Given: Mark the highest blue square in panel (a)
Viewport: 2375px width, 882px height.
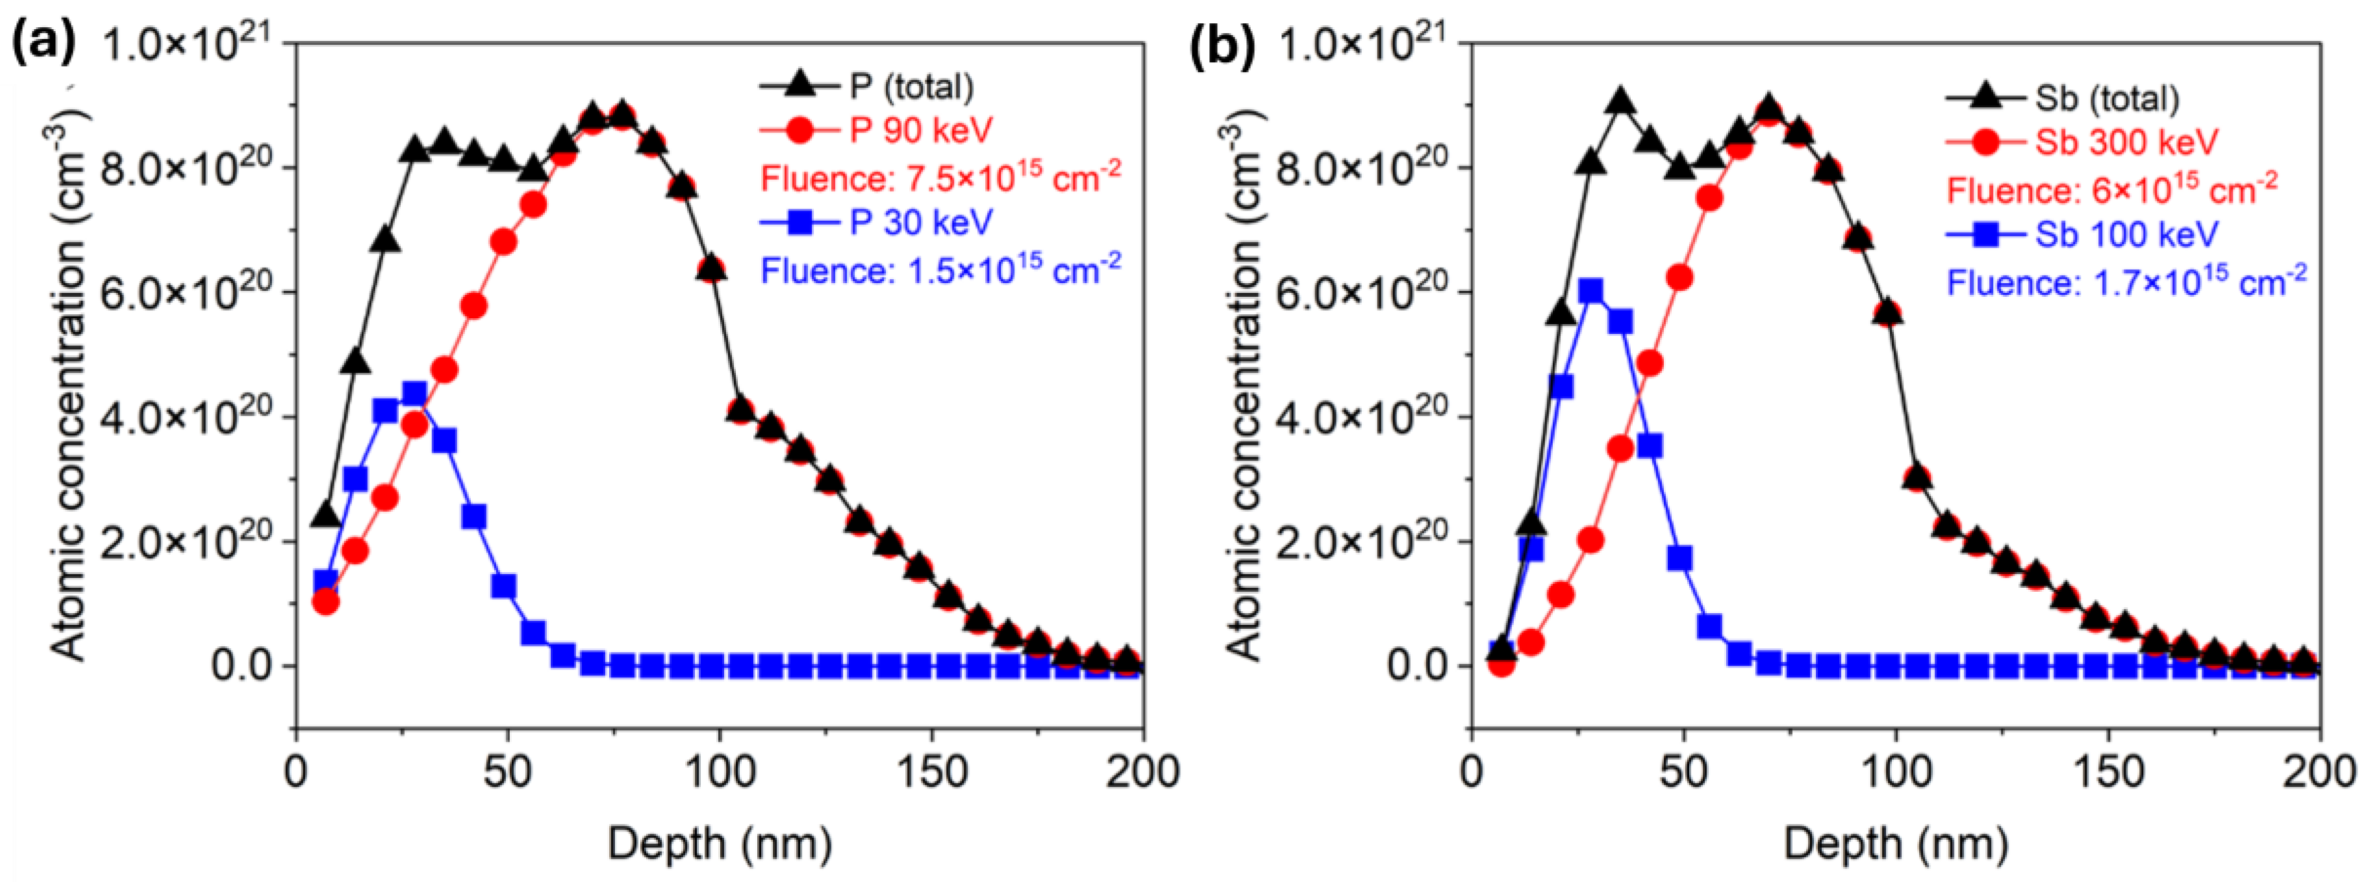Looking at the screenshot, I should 415,394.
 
